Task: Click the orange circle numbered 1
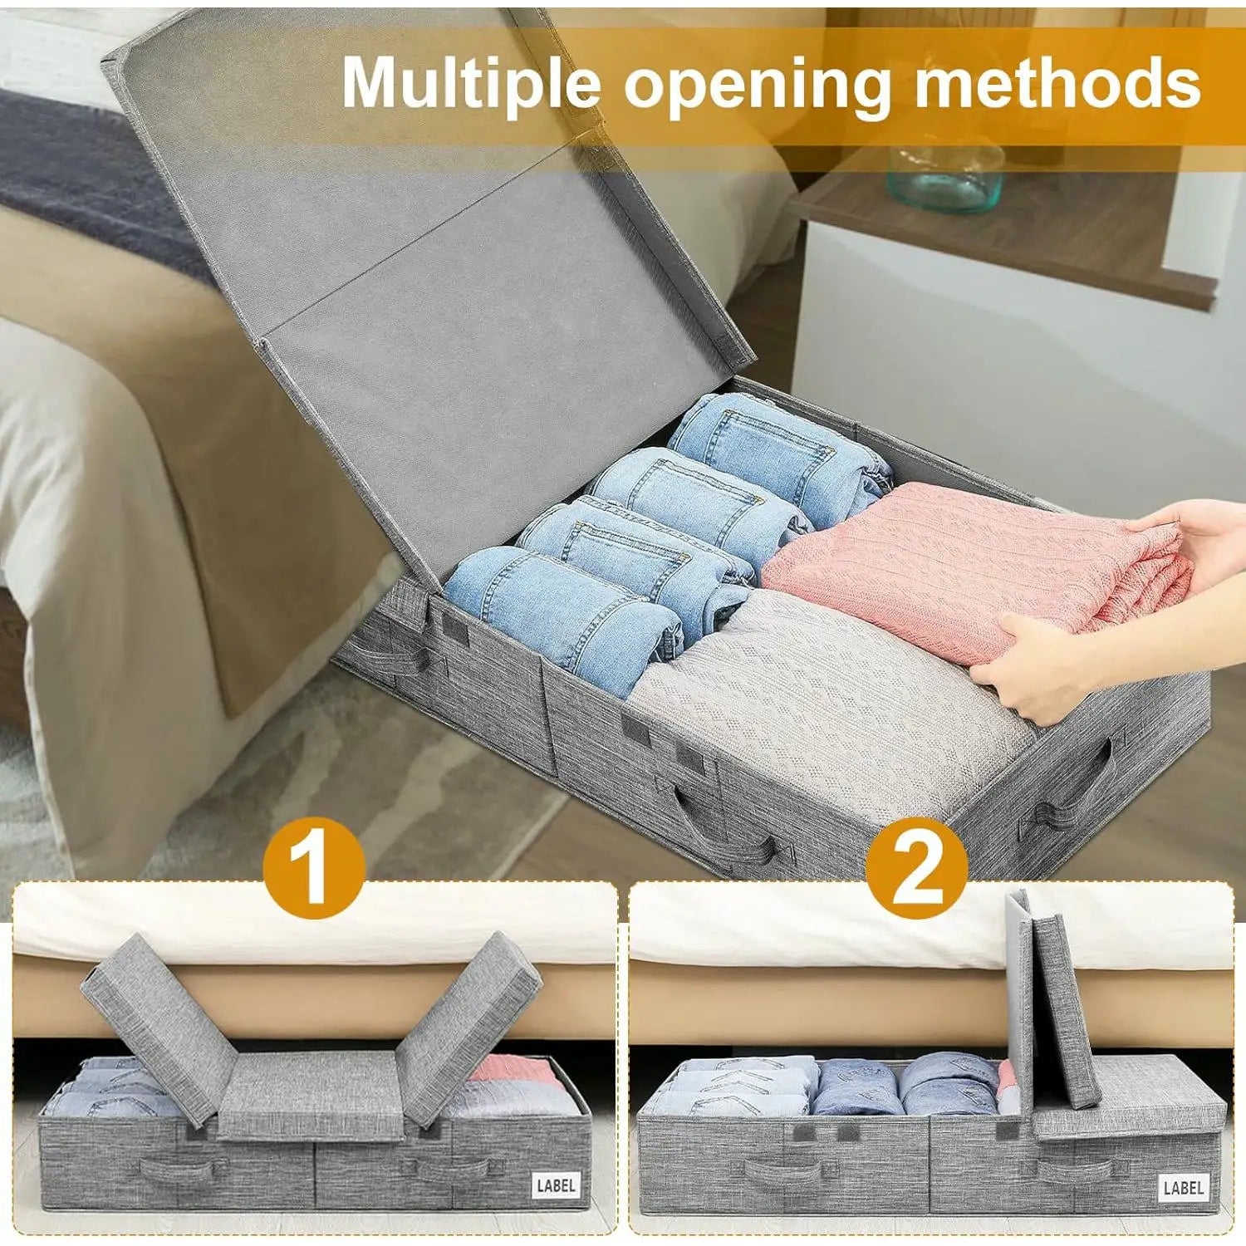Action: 313,870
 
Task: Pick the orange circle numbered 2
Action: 915,870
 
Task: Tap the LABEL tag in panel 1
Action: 556,1185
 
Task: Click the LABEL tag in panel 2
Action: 1183,1187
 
